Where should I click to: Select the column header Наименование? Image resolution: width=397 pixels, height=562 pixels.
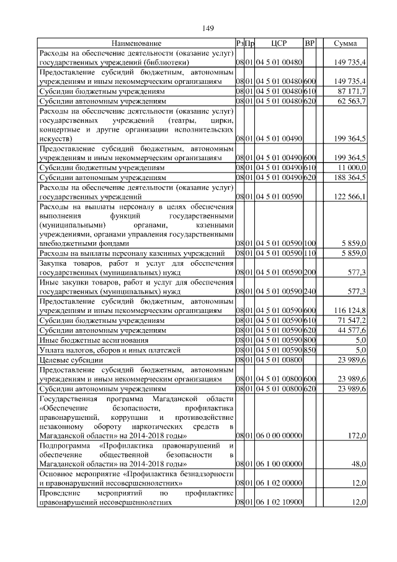click(x=136, y=43)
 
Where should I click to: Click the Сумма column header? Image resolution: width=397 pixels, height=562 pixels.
click(x=345, y=43)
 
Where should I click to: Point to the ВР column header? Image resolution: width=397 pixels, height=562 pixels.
click(x=310, y=43)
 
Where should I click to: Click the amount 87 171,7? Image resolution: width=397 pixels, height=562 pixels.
click(x=350, y=91)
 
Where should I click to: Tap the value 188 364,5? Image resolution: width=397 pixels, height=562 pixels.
click(x=349, y=177)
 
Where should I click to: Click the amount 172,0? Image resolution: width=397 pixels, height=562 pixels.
click(x=357, y=437)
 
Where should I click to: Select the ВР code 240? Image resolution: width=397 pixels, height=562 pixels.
click(x=310, y=291)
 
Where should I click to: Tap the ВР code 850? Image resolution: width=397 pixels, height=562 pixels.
click(x=310, y=349)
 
